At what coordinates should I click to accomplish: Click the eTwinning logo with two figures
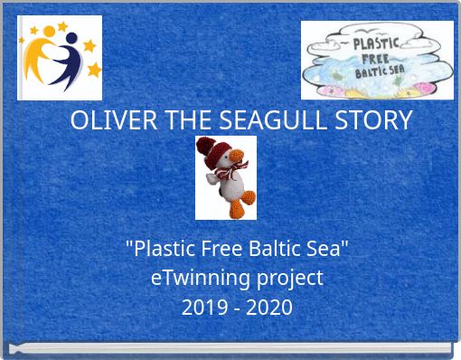[x=60, y=57]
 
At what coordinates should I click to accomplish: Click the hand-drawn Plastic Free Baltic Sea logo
[x=377, y=60]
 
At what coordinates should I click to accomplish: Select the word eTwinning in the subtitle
[x=195, y=278]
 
